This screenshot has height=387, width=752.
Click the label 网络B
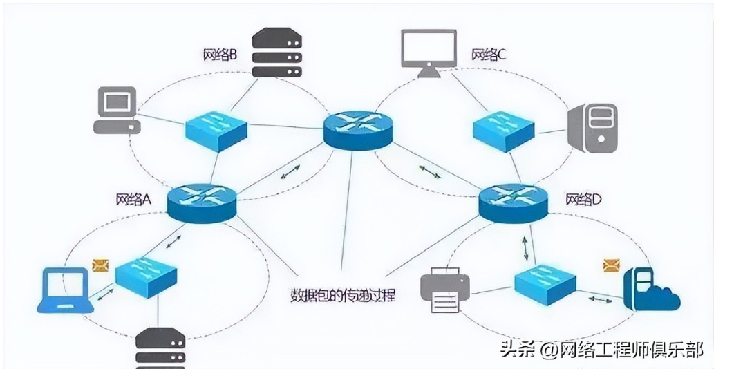point(220,54)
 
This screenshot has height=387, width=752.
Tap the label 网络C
point(489,54)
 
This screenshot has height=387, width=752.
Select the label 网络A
point(133,200)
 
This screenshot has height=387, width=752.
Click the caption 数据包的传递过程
point(343,295)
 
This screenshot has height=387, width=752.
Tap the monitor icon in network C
point(429,51)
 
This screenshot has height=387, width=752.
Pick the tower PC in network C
point(592,127)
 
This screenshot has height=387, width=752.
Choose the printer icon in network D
point(445,288)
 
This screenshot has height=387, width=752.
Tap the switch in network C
point(503,129)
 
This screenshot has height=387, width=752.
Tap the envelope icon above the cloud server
point(611,265)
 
